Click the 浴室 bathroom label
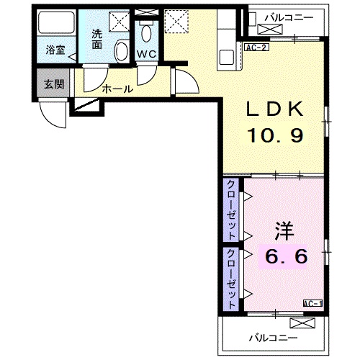coord(55,50)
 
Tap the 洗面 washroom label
coord(98,39)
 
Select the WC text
coord(147,54)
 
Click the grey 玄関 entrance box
coord(54,84)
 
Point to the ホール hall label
coord(117,89)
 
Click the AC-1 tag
coord(312,304)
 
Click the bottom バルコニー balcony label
coord(275,336)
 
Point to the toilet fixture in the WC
coord(147,32)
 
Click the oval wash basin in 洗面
coord(122,51)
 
